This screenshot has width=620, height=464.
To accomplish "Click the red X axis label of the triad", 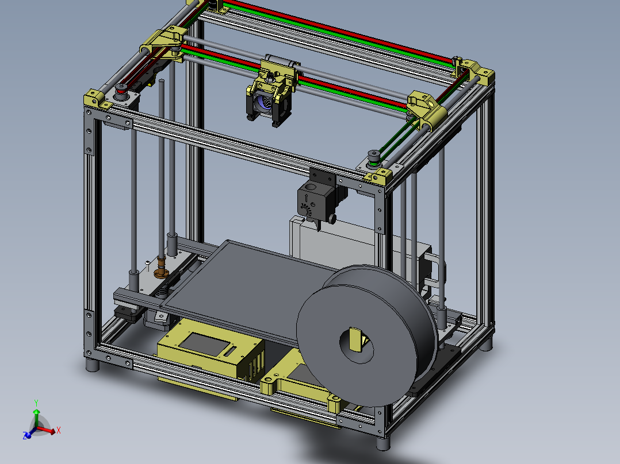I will [59, 430].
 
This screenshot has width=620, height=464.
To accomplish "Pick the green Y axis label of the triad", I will [36, 403].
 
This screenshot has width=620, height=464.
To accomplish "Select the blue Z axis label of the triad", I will [26, 436].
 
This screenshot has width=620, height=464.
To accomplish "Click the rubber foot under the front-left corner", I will [91, 365].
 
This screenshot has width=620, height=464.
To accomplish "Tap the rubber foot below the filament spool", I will [382, 443].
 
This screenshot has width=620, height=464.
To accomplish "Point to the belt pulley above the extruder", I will [374, 157].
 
